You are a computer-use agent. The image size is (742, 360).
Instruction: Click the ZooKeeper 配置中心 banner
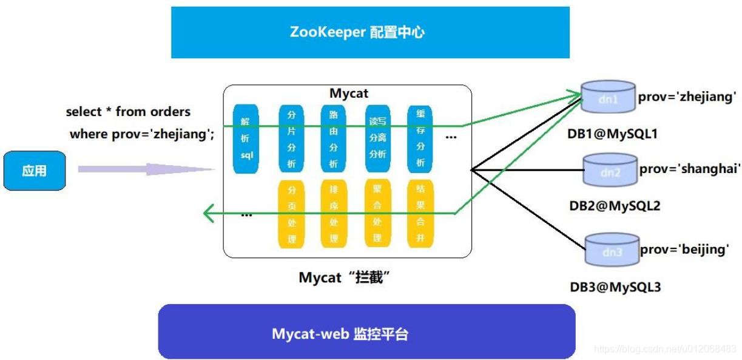pos(370,32)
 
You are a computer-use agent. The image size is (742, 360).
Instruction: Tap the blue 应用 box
pos(35,171)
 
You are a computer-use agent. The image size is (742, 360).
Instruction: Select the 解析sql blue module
pos(246,139)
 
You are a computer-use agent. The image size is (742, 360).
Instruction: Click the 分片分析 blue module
pos(291,139)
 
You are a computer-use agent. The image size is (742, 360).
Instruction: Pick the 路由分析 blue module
pos(333,139)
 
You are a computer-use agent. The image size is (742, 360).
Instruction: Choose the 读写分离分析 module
pos(377,138)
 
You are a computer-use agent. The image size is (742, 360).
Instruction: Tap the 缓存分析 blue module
pos(420,139)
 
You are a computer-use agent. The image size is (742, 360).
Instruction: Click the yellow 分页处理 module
pos(291,214)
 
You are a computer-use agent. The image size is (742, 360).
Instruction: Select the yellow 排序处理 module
pos(333,214)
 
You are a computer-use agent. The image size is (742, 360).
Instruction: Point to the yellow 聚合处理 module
pos(377,213)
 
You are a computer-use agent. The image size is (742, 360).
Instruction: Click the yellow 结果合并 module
pos(420,214)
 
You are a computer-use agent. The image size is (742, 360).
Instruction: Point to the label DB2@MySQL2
pos(614,206)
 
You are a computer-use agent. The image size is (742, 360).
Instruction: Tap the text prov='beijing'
pos(684,249)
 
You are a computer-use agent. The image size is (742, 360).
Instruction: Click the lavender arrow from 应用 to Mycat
pos(146,169)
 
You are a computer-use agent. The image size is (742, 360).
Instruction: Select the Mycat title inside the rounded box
pos(349,93)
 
